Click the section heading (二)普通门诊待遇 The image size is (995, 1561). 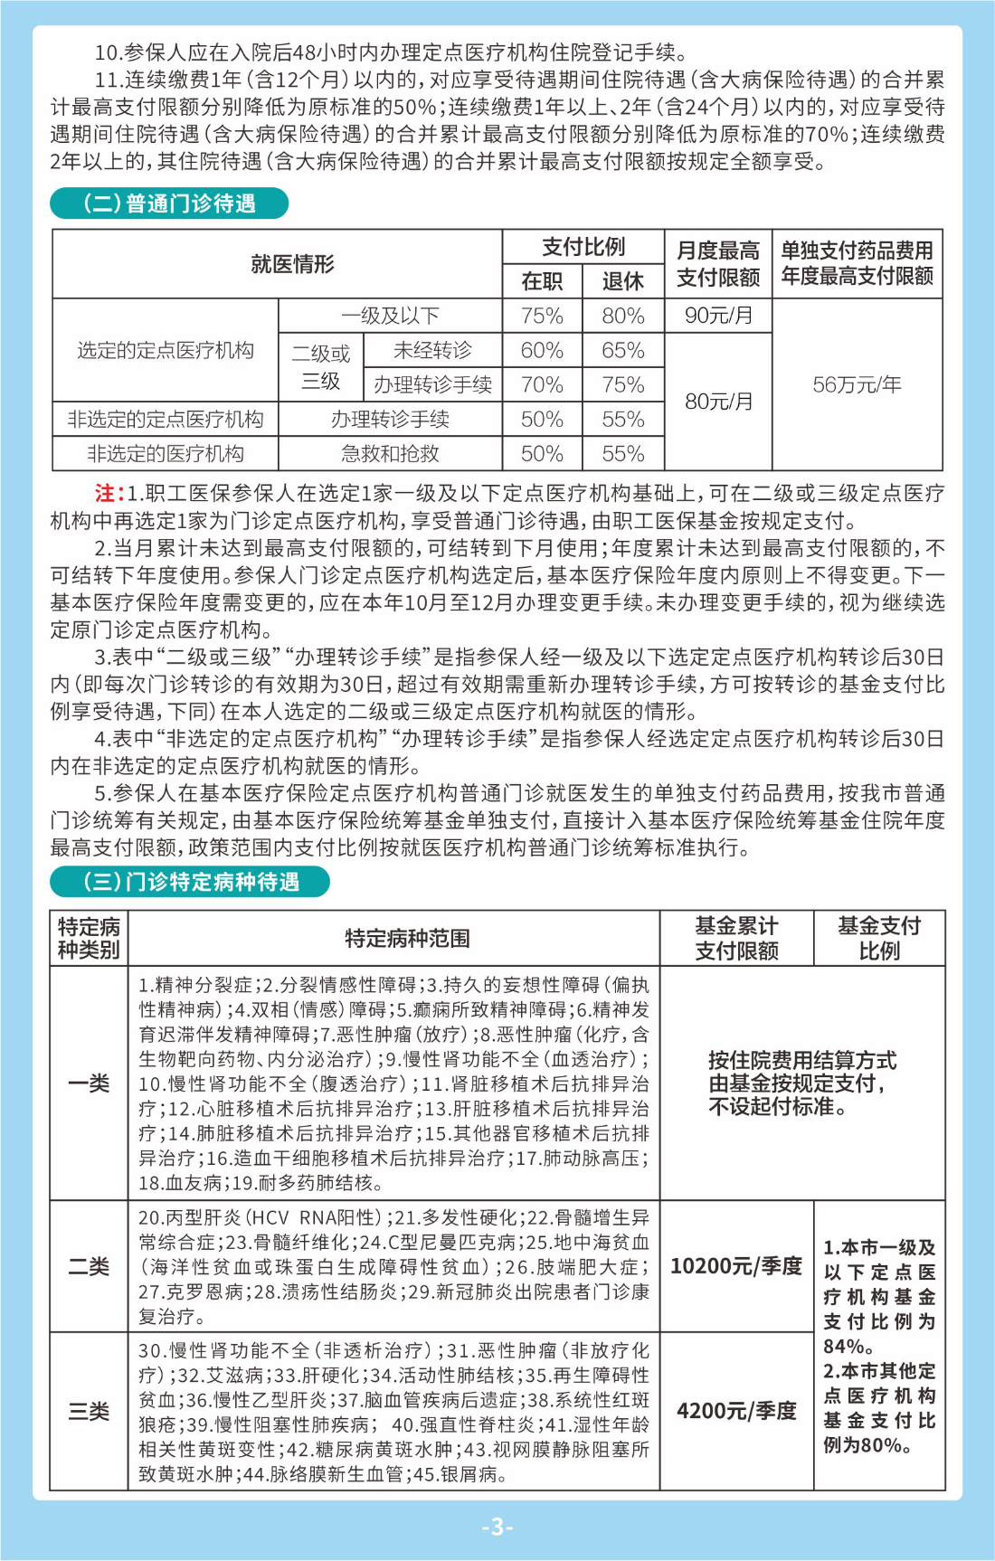[x=169, y=203]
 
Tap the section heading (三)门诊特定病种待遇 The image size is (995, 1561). [x=190, y=881]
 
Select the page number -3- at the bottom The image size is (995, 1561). [x=497, y=1527]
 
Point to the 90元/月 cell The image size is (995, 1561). [x=718, y=316]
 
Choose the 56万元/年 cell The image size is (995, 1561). [x=857, y=384]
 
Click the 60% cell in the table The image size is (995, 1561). [x=542, y=350]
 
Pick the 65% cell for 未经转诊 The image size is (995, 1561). [x=623, y=350]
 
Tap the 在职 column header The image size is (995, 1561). [x=542, y=281]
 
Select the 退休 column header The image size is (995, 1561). [x=623, y=281]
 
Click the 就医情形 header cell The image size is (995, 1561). [x=292, y=264]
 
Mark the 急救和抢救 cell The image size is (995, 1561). [x=390, y=453]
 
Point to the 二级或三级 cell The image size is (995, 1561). [x=320, y=366]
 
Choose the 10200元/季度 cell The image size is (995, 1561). [x=736, y=1265]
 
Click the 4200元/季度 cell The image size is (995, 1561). [x=736, y=1411]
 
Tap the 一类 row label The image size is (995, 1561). [x=89, y=1083]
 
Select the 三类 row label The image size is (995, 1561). [x=89, y=1411]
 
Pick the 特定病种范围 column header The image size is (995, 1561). [x=407, y=938]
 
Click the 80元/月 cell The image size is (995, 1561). [x=718, y=401]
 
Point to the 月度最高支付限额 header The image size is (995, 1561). [x=718, y=264]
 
